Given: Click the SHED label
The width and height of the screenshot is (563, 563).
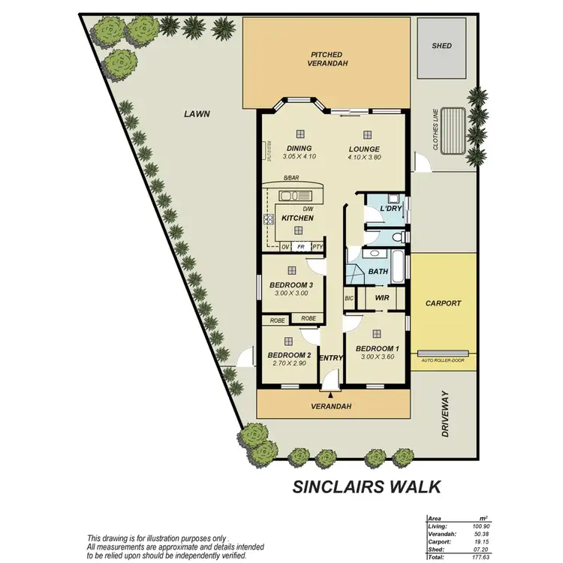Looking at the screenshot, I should tap(442, 46).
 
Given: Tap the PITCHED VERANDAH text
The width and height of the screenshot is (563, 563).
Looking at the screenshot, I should tap(326, 59).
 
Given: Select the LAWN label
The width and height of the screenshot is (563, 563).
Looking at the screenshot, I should tap(197, 114).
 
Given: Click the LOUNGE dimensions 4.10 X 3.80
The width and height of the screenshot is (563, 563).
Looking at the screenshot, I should tap(365, 157).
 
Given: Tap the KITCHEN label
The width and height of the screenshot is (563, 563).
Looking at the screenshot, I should tap(297, 218).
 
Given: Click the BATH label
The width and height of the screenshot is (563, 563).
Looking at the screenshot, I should tap(378, 272).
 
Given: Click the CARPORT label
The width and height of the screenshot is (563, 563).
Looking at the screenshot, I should tap(442, 303).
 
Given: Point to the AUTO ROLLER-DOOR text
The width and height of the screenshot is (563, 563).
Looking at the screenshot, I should tap(444, 360).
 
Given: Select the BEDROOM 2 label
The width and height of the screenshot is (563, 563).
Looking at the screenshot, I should tap(289, 355).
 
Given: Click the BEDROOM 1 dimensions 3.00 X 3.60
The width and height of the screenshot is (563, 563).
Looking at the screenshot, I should tap(377, 358).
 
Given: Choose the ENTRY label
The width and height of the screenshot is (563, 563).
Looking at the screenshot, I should tap(331, 358).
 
